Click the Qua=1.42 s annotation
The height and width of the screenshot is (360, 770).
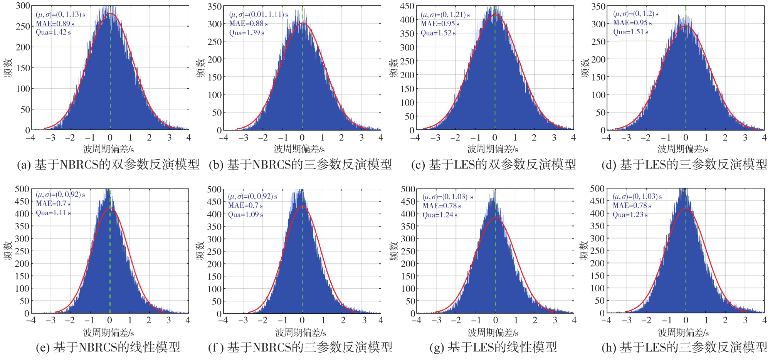pyautogui.click(x=53, y=32)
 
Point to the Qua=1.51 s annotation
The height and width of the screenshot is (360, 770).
pyautogui.click(x=631, y=32)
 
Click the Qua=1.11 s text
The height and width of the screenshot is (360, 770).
pyautogui.click(x=53, y=213)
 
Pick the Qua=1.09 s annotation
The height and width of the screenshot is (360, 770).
pyautogui.click(x=245, y=215)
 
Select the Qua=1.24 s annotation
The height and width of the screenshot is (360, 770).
pyautogui.click(x=440, y=215)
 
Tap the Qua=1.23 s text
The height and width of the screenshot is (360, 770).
pyautogui.click(x=630, y=215)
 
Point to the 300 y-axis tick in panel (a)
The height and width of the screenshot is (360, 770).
pyautogui.click(x=23, y=6)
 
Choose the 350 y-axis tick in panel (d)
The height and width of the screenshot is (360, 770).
pyautogui.click(x=599, y=6)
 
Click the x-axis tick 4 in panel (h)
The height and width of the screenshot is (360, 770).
pyautogui.click(x=764, y=320)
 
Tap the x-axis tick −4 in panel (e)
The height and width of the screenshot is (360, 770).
pyautogui.click(x=31, y=320)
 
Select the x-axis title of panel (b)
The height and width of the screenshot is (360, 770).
pyautogui.click(x=299, y=149)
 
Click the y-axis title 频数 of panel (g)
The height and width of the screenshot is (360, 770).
pyautogui.click(x=393, y=251)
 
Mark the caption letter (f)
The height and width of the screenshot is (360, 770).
pyautogui.click(x=215, y=347)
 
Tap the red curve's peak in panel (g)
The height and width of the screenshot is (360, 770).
pyautogui.click(x=495, y=218)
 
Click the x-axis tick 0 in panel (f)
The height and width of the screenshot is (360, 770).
pyautogui.click(x=302, y=321)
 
